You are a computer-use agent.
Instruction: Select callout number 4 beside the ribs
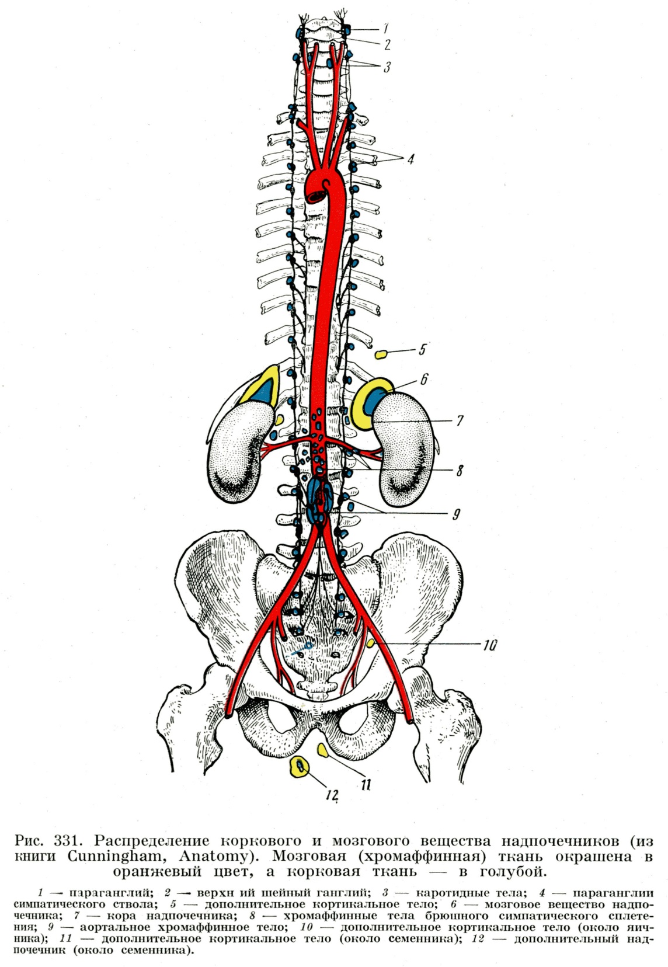411,159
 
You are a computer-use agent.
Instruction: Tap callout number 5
422,350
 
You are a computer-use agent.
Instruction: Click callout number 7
460,420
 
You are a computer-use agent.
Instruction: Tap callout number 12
332,795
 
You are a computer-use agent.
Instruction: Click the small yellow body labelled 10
371,643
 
